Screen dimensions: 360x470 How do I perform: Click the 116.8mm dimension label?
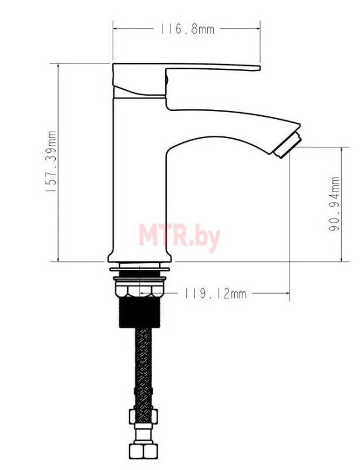point(187,29)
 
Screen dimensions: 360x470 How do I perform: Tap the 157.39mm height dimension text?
point(51,162)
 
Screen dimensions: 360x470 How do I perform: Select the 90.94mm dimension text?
point(334,204)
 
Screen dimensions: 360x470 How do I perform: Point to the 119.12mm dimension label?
point(215,294)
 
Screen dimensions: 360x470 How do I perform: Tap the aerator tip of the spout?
point(287,145)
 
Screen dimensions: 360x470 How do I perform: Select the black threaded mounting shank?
point(140,312)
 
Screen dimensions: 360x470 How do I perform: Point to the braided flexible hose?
point(143,369)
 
